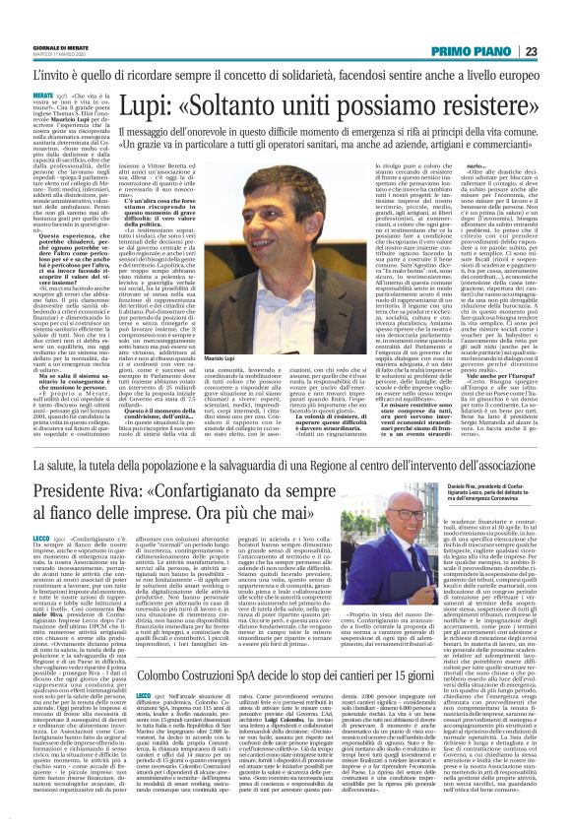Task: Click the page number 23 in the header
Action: [x=530, y=50]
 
